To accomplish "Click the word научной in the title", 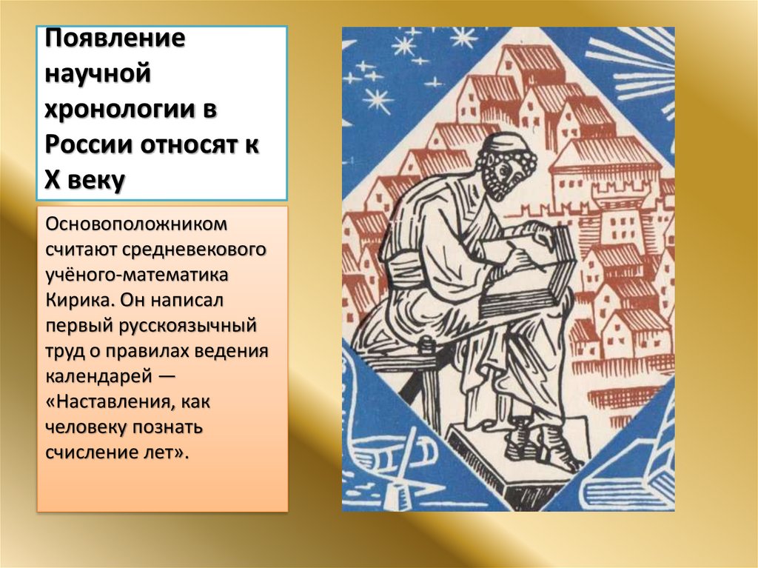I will tap(98, 76).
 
